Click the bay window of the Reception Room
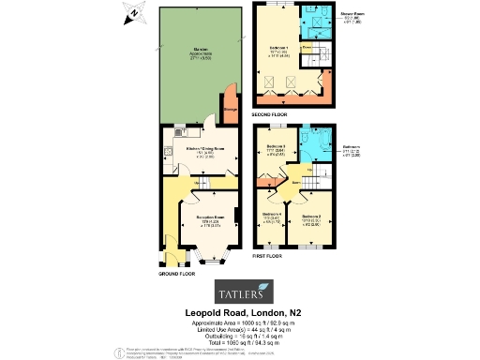point(209,252)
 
